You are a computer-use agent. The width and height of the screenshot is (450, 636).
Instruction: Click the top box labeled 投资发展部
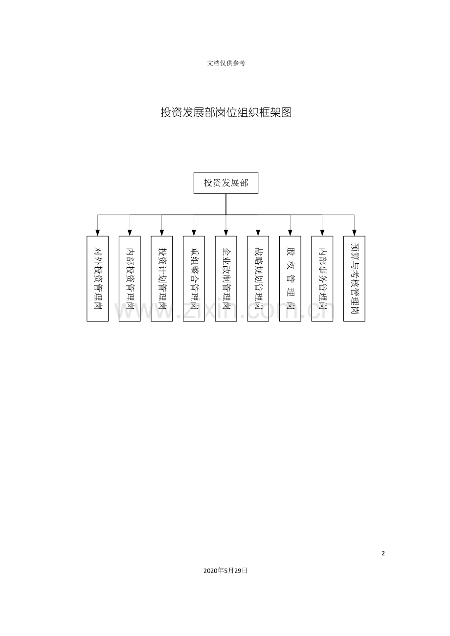pyautogui.click(x=225, y=183)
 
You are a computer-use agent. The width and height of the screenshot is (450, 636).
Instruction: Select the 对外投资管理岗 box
pyautogui.click(x=97, y=278)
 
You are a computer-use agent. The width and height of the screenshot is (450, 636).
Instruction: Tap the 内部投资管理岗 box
pyautogui.click(x=130, y=278)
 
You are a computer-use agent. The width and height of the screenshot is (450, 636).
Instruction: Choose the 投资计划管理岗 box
pyautogui.click(x=162, y=278)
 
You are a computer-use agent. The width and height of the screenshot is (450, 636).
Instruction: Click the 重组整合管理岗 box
pyautogui.click(x=194, y=278)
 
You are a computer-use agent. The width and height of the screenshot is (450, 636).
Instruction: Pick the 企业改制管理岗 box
pyautogui.click(x=226, y=278)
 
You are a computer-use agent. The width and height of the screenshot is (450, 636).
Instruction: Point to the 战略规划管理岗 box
pyautogui.click(x=258, y=278)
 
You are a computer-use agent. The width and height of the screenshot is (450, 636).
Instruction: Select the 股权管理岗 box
pyautogui.click(x=290, y=278)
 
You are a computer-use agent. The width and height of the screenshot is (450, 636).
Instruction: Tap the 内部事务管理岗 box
pyautogui.click(x=322, y=278)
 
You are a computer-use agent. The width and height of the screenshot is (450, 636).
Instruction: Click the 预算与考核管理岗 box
pyautogui.click(x=354, y=278)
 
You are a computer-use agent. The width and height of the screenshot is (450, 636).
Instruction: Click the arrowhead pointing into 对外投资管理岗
pyautogui.click(x=97, y=233)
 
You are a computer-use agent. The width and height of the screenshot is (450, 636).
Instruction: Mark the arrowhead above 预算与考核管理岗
pyautogui.click(x=354, y=233)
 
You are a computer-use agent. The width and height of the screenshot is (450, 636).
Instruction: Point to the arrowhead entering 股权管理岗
pyautogui.click(x=290, y=233)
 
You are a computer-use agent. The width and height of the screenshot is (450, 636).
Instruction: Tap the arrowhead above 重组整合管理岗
pyautogui.click(x=194, y=233)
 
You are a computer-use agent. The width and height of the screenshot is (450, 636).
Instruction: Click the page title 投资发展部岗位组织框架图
pyautogui.click(x=226, y=113)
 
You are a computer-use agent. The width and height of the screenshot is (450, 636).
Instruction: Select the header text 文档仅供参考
pyautogui.click(x=226, y=63)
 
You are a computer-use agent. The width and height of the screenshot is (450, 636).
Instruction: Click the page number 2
pyautogui.click(x=383, y=553)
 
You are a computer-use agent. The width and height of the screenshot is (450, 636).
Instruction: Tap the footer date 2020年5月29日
pyautogui.click(x=225, y=571)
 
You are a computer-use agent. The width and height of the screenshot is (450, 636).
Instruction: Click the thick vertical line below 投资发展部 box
pyautogui.click(x=226, y=204)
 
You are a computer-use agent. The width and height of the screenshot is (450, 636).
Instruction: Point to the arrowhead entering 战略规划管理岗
pyautogui.click(x=258, y=233)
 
